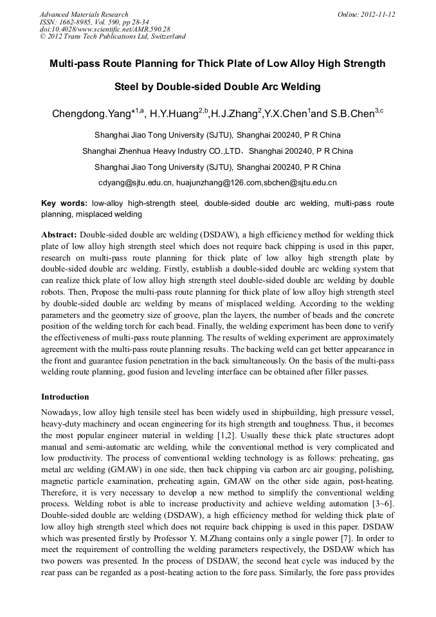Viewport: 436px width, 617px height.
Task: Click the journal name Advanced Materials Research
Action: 84,14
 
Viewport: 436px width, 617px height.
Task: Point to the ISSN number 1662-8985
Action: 77,22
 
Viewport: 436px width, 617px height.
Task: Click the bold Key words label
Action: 64,203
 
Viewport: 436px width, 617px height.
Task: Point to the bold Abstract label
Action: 59,235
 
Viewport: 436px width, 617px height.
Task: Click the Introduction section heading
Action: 65,397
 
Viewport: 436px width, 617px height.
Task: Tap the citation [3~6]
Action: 382,502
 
